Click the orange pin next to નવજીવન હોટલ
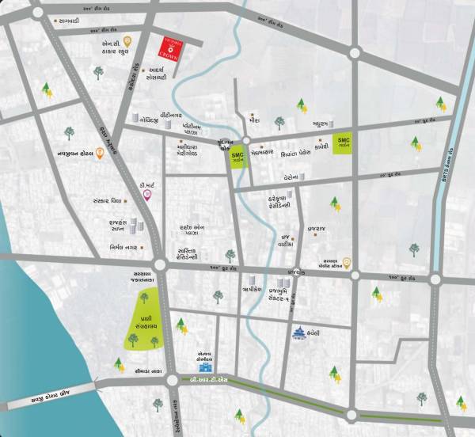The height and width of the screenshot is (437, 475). click(x=100, y=154)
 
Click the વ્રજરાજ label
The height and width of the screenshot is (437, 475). click(x=316, y=226)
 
